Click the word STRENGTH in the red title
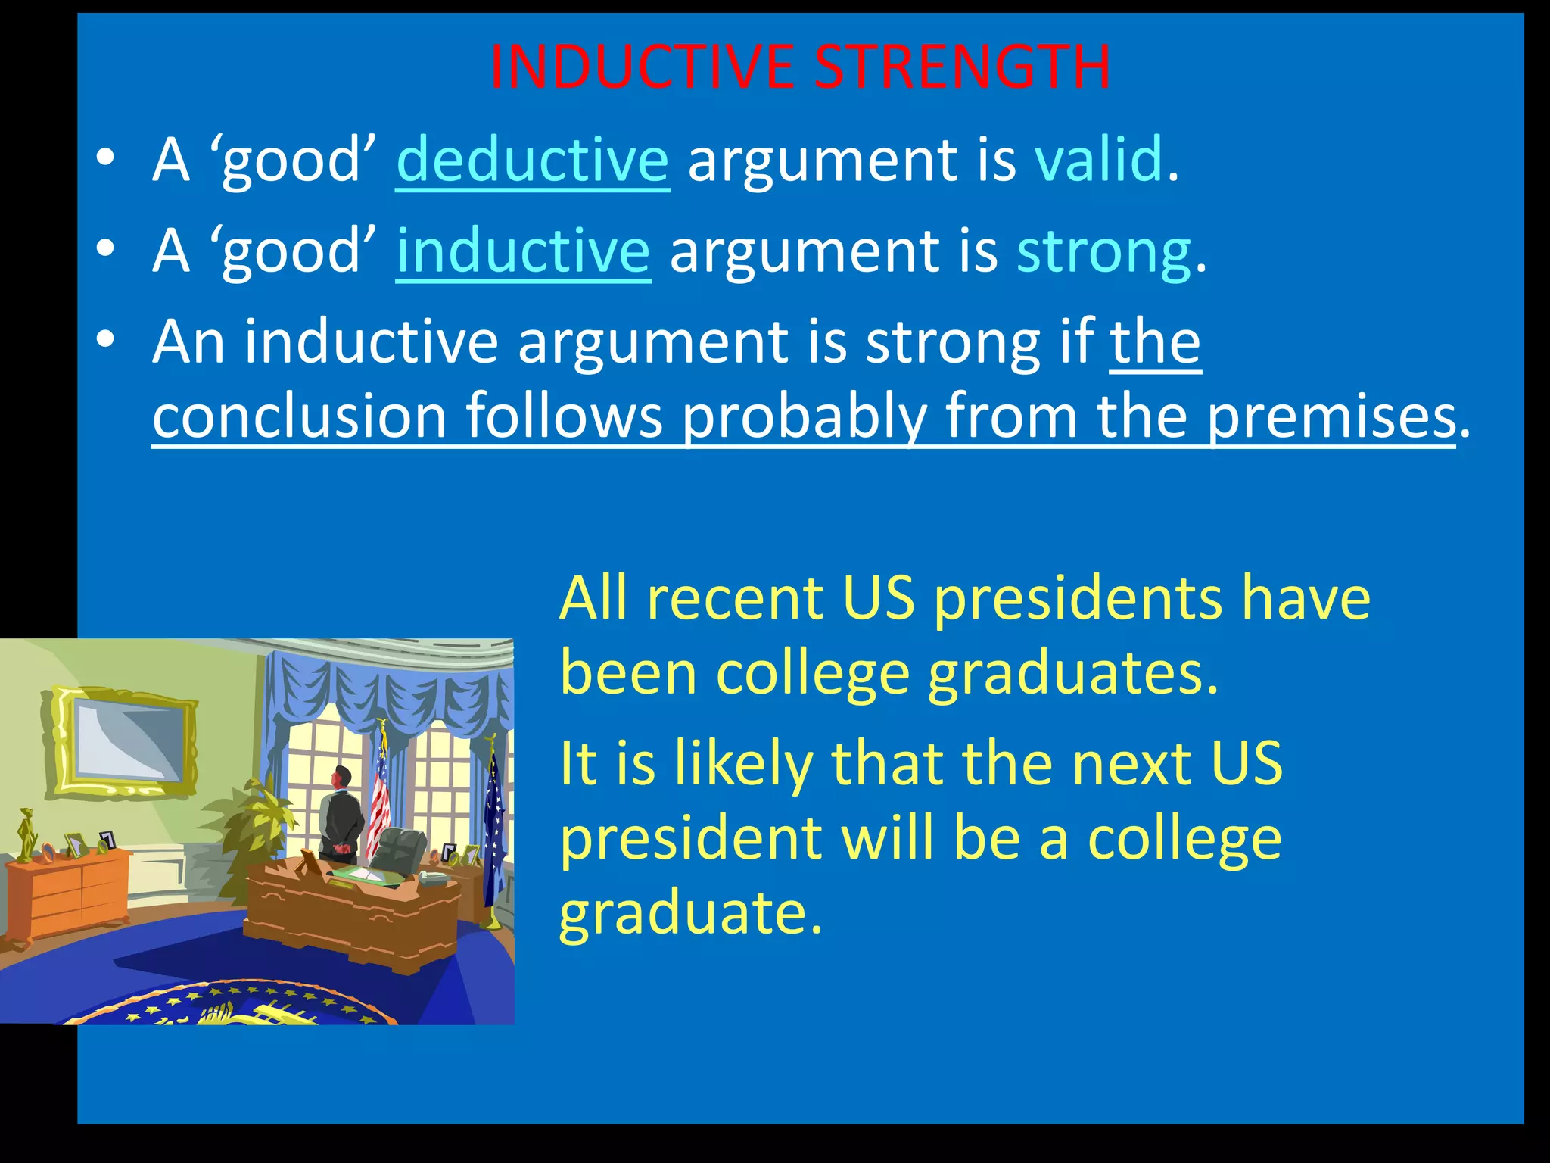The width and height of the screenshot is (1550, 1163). click(963, 67)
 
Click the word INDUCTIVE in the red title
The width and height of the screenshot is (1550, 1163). click(642, 67)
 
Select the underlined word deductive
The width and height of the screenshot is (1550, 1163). click(532, 160)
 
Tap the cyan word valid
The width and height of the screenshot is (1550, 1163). click(1099, 160)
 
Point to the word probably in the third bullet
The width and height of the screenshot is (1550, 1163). click(804, 416)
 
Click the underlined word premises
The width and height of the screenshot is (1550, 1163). click(1331, 416)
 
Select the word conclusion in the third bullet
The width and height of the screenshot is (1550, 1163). click(300, 416)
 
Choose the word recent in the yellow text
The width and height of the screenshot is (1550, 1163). click(734, 598)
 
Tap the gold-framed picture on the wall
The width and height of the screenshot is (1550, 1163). click(123, 741)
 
